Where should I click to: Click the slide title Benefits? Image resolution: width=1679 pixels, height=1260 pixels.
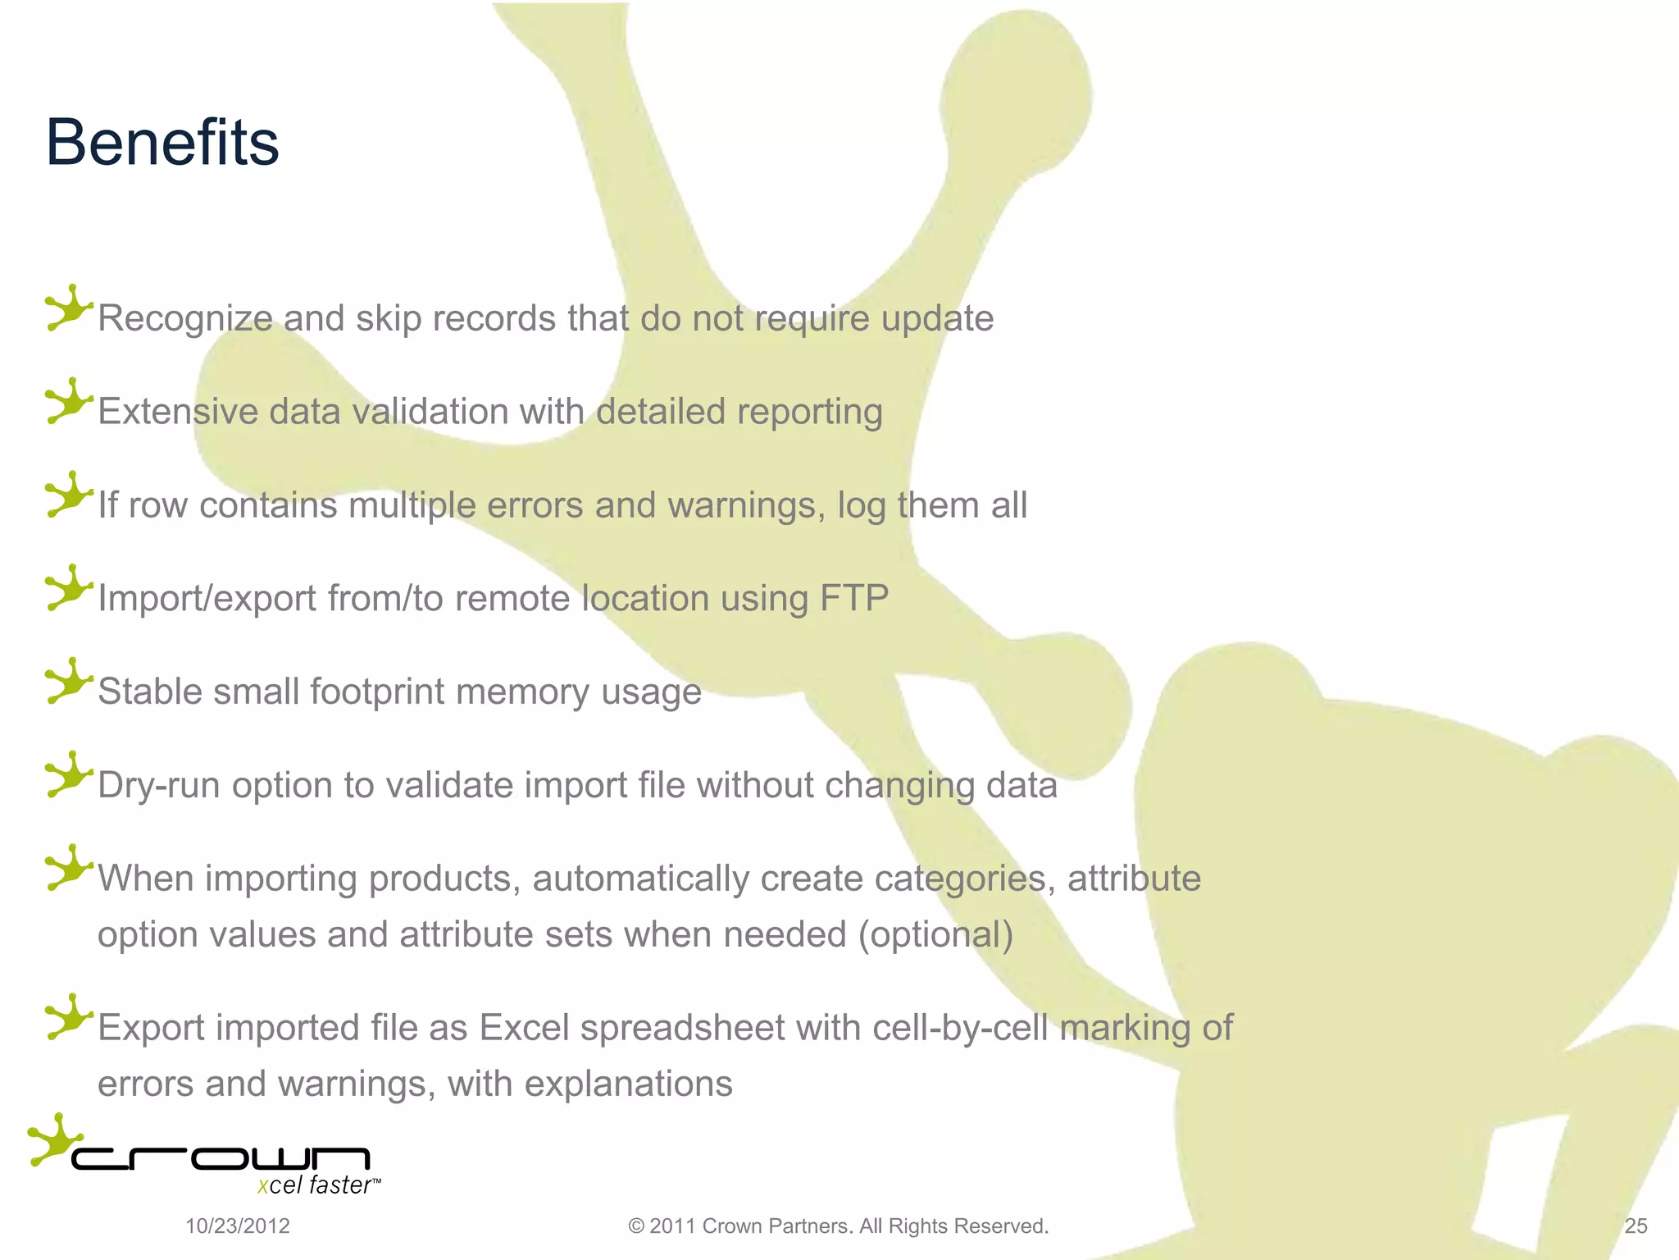[162, 143]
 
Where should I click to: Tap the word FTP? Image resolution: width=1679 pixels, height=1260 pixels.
[854, 598]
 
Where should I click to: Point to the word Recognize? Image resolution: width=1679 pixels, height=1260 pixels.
[184, 319]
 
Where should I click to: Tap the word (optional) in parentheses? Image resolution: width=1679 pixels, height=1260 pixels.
[935, 934]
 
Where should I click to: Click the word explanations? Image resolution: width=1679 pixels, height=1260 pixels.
[628, 1084]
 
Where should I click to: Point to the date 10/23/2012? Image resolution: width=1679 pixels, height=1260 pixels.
[238, 1226]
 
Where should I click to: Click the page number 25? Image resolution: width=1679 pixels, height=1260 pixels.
[1636, 1226]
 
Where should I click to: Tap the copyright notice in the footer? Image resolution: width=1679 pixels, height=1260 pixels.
[838, 1226]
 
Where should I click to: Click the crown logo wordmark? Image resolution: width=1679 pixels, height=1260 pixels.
[221, 1158]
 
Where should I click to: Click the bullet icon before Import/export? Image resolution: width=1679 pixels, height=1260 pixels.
[69, 587]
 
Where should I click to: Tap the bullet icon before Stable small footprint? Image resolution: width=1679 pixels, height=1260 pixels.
[69, 681]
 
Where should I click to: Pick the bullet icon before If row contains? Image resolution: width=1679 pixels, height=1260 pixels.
[69, 495]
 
